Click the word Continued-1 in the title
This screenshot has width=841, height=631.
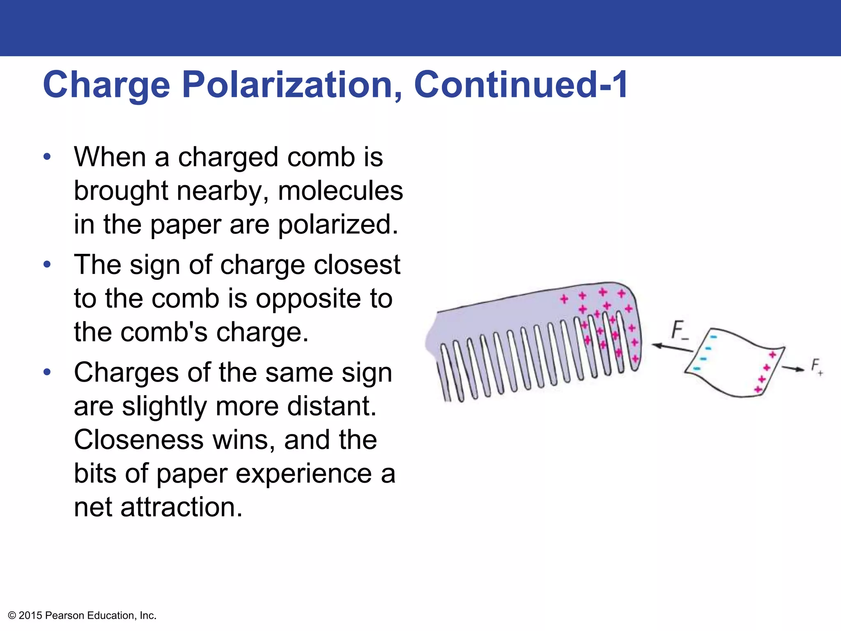(x=521, y=85)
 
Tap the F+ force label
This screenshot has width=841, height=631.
(x=816, y=366)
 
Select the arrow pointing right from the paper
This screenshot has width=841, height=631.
(x=793, y=368)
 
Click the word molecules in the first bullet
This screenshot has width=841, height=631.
(x=340, y=191)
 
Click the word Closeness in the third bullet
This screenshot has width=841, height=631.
(x=139, y=440)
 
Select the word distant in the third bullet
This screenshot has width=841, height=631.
(x=331, y=406)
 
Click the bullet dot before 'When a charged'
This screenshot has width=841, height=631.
(x=47, y=157)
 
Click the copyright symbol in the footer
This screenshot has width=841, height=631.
(x=12, y=615)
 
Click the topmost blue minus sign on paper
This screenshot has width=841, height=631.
(x=714, y=337)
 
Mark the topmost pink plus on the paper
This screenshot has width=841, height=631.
(x=772, y=355)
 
